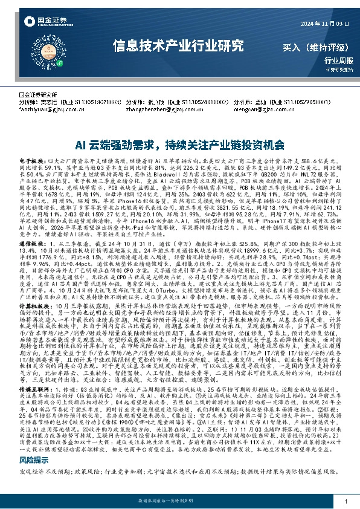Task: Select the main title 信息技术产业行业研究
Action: tap(179, 45)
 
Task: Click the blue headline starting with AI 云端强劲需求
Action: tap(179, 145)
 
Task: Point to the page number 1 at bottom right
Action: tap(345, 501)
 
